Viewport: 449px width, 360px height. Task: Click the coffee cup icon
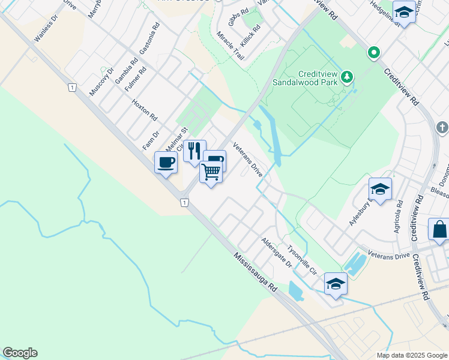click(x=166, y=161)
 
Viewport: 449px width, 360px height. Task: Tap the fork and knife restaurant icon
click(x=194, y=151)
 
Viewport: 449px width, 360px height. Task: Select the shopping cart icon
click(x=211, y=172)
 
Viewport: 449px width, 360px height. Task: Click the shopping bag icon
click(x=439, y=229)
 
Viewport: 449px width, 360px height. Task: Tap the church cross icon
click(x=442, y=127)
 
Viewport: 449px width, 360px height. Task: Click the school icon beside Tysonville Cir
click(x=336, y=283)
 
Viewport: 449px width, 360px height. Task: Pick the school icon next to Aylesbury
click(x=380, y=189)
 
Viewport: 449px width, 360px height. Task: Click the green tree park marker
click(x=346, y=76)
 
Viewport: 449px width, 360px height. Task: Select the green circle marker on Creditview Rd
click(x=374, y=53)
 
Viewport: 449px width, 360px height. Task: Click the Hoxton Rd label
click(x=144, y=109)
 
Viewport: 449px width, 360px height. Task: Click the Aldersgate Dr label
click(x=276, y=252)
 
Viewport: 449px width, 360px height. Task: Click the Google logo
click(x=20, y=353)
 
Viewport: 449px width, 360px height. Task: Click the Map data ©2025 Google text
click(x=411, y=355)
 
